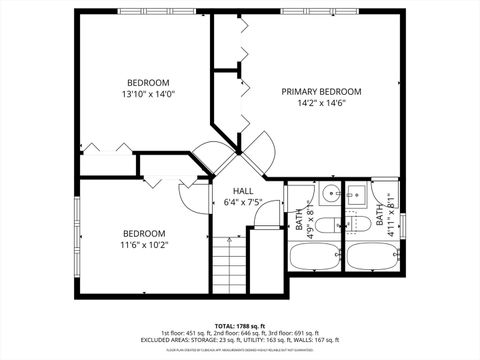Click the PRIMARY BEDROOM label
[320, 91]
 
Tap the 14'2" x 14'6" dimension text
[320, 104]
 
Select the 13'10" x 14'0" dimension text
[147, 95]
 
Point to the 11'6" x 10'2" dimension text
[145, 243]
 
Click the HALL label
[242, 191]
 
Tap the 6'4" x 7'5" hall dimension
[242, 204]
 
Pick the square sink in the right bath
[356, 194]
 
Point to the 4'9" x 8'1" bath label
[304, 218]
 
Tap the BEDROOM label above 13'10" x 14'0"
[147, 82]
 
